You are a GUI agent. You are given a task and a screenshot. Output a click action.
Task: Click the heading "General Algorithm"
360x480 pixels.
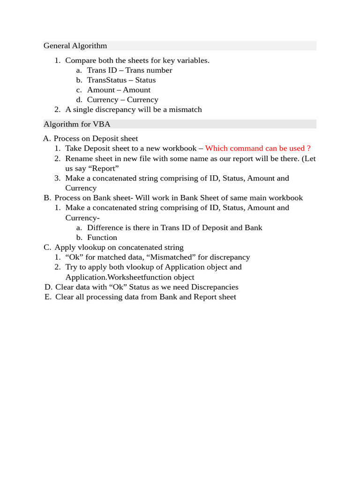tap(75, 46)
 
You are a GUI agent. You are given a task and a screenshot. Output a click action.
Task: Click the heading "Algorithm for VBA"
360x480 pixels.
tap(77, 124)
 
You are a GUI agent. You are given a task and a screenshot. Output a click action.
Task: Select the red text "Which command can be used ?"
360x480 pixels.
tap(258, 149)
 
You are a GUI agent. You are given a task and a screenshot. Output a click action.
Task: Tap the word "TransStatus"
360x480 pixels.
tap(107, 80)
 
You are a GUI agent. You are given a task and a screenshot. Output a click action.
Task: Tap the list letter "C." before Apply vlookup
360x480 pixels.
tap(47, 247)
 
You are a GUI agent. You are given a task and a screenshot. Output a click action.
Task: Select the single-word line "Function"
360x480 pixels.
tap(102, 238)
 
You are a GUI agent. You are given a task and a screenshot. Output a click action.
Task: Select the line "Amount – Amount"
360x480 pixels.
tap(119, 90)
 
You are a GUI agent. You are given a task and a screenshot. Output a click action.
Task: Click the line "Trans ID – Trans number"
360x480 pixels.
tap(129, 70)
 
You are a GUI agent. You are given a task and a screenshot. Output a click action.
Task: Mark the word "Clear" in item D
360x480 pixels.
tap(65, 287)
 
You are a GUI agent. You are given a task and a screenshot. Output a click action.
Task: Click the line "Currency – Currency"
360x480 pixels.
tap(122, 100)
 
